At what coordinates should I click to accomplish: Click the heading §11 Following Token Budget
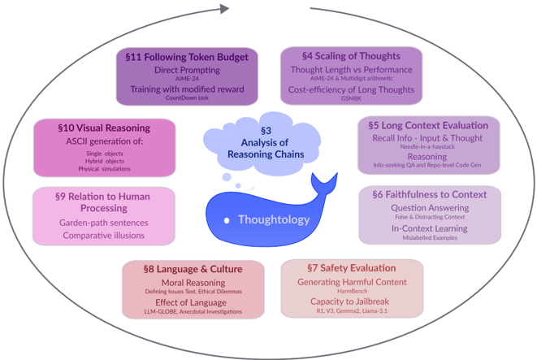[x=187, y=57]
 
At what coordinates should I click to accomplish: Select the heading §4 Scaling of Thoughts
[x=351, y=56]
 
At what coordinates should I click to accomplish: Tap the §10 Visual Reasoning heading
[x=104, y=128]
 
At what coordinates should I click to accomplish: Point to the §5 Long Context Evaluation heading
[x=428, y=126]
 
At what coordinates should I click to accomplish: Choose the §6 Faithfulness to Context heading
[x=429, y=195]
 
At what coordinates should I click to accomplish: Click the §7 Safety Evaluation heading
[x=351, y=267]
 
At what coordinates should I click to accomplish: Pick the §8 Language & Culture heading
[x=193, y=268]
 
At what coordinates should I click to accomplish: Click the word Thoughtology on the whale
[x=274, y=219]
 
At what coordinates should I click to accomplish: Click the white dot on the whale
[x=229, y=220]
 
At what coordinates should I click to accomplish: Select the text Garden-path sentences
[x=103, y=223]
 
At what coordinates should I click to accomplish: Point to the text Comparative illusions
[x=103, y=236]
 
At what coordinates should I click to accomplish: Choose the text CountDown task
[x=187, y=99]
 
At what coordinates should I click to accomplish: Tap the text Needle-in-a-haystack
[x=428, y=147]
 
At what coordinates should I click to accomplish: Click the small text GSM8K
[x=351, y=98]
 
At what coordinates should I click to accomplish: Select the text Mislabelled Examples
[x=429, y=237]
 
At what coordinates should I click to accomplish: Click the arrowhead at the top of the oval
[x=224, y=11]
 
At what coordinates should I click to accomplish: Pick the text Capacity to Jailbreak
[x=352, y=301]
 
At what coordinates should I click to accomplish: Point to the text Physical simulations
[x=104, y=169]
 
